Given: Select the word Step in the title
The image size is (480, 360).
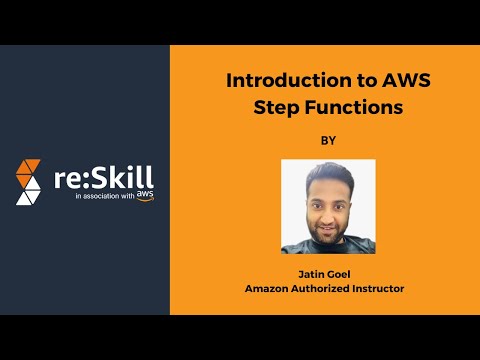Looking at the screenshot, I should pyautogui.click(x=271, y=105).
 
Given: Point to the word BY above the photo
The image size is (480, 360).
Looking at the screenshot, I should pyautogui.click(x=328, y=141).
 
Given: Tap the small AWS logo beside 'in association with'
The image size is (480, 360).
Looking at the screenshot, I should pyautogui.click(x=146, y=196).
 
